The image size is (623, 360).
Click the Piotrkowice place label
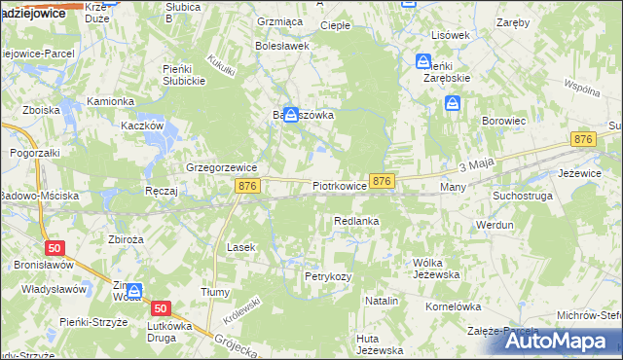point(339,184)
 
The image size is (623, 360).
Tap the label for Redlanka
point(355,222)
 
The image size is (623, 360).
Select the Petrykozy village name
point(327,276)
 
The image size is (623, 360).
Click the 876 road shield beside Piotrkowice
point(383,181)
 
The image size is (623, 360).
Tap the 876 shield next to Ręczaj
point(247,185)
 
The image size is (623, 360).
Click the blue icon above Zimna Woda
point(133,290)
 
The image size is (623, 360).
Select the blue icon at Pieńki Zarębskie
point(423,61)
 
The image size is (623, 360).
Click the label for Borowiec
point(504,121)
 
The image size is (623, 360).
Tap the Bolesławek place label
point(281,45)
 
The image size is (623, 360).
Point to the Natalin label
point(382,302)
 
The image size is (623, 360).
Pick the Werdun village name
point(495,225)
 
